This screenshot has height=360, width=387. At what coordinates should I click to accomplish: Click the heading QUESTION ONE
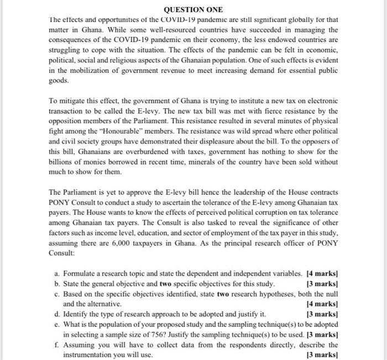point(193,10)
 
